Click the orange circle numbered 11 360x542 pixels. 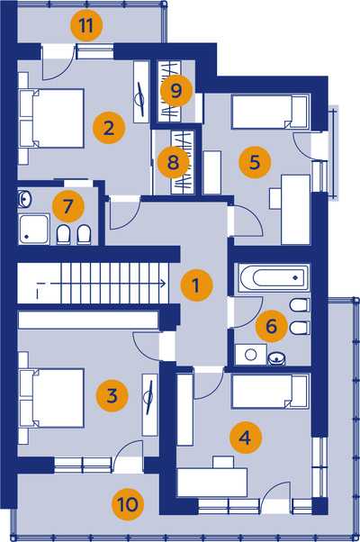pyautogui.click(x=86, y=25)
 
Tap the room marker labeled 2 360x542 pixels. pyautogui.click(x=109, y=128)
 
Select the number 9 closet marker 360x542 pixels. pyautogui.click(x=176, y=91)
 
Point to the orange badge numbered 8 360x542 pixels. pyautogui.click(x=173, y=162)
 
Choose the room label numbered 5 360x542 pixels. pyautogui.click(x=255, y=162)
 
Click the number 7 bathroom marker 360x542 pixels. pyautogui.click(x=68, y=206)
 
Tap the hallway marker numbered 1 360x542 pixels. pyautogui.click(x=196, y=285)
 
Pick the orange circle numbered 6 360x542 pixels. pyautogui.click(x=272, y=326)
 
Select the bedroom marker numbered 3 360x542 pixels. pyautogui.click(x=112, y=395)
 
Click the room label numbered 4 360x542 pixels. pyautogui.click(x=246, y=438)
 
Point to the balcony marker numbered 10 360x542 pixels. pyautogui.click(x=128, y=504)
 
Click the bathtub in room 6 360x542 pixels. pyautogui.click(x=273, y=277)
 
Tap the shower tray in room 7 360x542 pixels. pyautogui.click(x=33, y=229)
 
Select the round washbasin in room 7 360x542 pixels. pyautogui.click(x=24, y=199)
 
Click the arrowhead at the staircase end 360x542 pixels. pyautogui.click(x=163, y=284)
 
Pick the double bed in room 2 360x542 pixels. pyautogui.click(x=52, y=118)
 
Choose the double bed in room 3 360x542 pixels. pyautogui.click(x=52, y=398)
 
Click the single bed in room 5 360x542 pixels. pyautogui.click(x=271, y=112)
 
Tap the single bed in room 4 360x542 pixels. pyautogui.click(x=271, y=392)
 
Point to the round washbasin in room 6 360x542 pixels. pyautogui.click(x=276, y=358)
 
